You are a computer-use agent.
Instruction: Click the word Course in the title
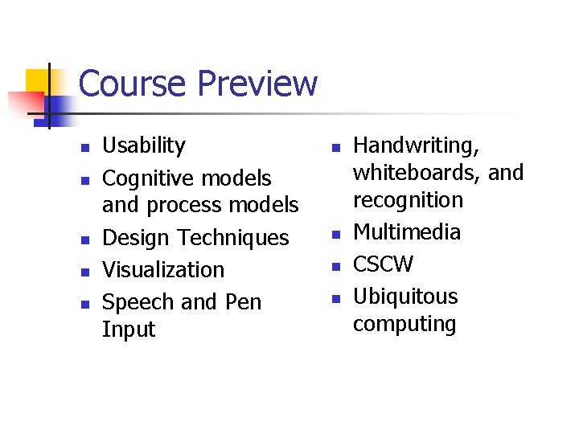[x=133, y=84]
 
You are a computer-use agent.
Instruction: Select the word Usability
[x=144, y=145]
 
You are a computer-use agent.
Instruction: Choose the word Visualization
[x=163, y=270]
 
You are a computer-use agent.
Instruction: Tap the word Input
[x=129, y=330]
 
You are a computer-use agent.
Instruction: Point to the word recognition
[x=409, y=200]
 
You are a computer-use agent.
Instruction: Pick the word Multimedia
[x=407, y=232]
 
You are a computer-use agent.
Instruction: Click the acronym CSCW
[x=384, y=264]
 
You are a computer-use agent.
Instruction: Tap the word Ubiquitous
[x=406, y=297]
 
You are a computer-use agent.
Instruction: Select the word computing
[x=404, y=324]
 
